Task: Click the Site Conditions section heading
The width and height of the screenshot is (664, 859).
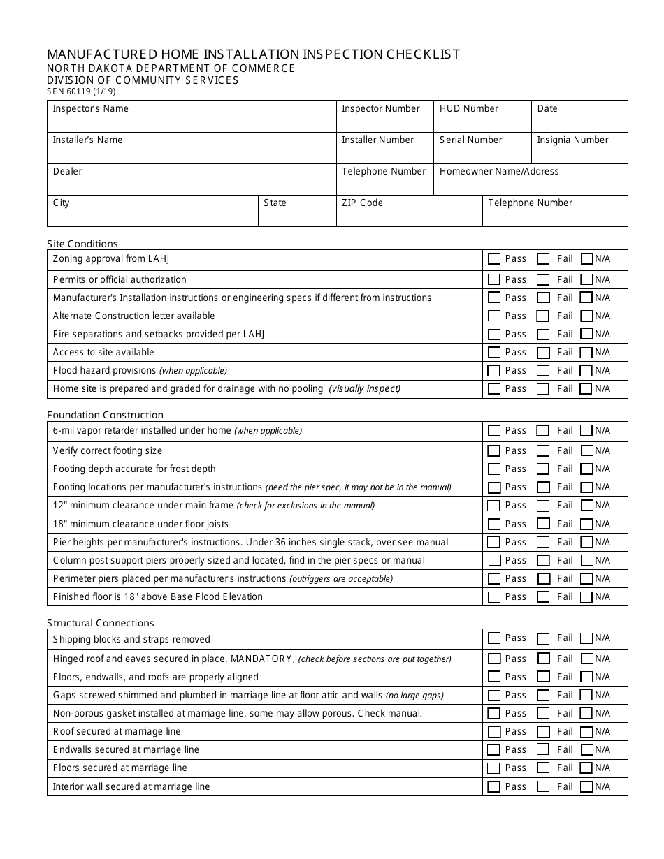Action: point(82,244)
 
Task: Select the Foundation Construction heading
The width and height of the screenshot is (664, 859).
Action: point(105,415)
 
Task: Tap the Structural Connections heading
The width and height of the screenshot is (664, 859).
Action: point(101,623)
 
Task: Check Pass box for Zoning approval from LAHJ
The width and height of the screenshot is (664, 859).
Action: point(494,259)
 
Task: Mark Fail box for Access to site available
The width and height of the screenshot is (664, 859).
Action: point(543,353)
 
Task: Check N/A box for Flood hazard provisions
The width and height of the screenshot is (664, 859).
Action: point(586,371)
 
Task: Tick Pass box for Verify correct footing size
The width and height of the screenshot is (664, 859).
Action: point(494,451)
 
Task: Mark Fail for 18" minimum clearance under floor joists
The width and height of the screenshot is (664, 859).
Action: point(543,524)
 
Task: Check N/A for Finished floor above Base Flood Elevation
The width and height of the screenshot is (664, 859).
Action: point(586,597)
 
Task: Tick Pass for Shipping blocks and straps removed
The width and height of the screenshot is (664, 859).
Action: point(494,638)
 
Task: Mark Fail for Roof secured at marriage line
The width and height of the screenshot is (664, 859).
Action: point(543,732)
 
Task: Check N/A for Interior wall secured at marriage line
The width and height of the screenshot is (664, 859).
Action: point(586,787)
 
